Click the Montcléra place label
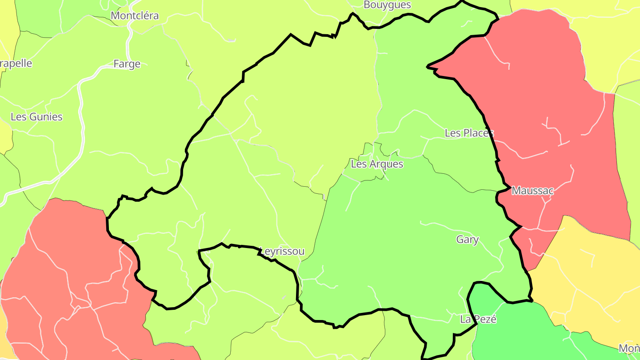(134, 16)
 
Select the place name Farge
(127, 64)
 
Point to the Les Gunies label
(36, 117)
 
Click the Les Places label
(469, 133)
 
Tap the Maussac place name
(532, 191)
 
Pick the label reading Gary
(467, 240)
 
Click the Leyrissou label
(282, 252)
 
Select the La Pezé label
(478, 319)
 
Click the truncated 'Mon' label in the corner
(630, 348)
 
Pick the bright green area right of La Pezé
(520, 329)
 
